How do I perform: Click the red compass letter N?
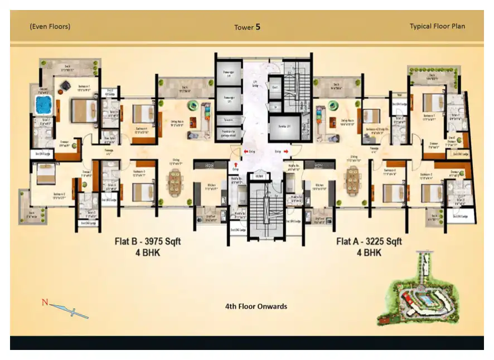click(44, 303)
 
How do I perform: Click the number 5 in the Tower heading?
click(258, 26)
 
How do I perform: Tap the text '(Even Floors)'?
click(50, 26)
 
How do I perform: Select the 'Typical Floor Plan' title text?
click(437, 26)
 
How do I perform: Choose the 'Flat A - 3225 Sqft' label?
click(369, 241)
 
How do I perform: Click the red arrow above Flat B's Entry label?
click(236, 164)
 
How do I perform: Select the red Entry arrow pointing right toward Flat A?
click(286, 150)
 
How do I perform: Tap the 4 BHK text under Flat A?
click(369, 252)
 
